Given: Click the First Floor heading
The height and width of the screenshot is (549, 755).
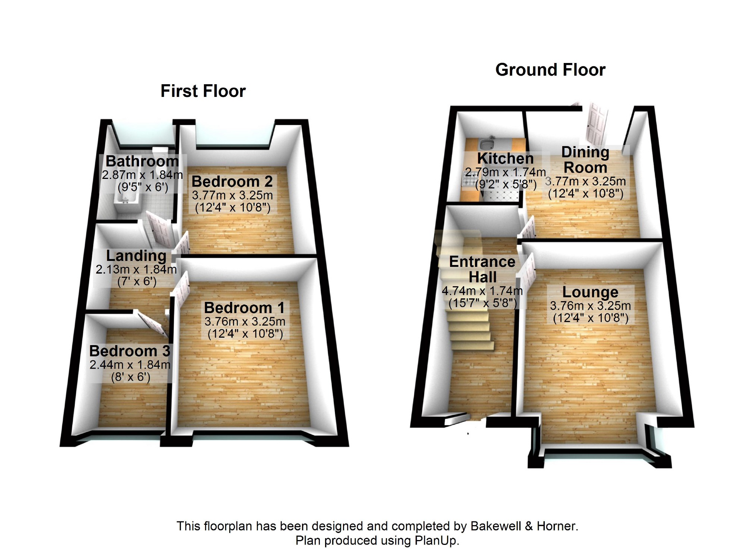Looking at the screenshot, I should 203,91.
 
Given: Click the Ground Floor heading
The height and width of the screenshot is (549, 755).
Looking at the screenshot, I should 550,70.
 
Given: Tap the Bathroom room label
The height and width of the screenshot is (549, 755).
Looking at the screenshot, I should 142,161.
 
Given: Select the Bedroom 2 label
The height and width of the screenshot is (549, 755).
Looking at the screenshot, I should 232,182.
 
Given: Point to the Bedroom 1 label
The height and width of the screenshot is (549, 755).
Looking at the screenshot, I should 244,308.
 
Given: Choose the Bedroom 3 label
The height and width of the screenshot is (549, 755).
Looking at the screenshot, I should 130,351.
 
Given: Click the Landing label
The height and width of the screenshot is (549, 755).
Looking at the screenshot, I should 136,256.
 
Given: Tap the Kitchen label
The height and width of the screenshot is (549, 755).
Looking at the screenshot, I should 505,158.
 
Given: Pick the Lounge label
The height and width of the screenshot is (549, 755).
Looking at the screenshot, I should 590,292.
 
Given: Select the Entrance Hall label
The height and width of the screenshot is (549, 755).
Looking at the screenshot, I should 482,269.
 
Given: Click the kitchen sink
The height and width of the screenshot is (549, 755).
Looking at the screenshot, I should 486,143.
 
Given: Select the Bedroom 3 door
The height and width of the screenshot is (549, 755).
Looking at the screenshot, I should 152,323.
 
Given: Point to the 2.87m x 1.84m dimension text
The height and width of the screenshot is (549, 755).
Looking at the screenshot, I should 142,174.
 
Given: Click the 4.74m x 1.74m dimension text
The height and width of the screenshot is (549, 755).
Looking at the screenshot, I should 482,291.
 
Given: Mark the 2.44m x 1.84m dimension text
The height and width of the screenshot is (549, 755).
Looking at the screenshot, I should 130,365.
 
